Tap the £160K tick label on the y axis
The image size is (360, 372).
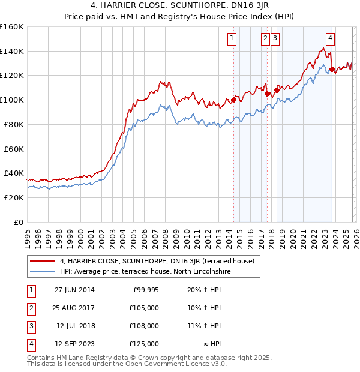click(x=12, y=27)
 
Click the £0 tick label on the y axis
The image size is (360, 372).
click(x=18, y=222)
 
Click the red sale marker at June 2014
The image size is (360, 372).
click(x=233, y=100)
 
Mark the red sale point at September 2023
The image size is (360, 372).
click(x=332, y=70)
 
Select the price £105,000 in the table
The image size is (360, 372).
click(x=145, y=308)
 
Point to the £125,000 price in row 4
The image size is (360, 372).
click(x=145, y=344)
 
